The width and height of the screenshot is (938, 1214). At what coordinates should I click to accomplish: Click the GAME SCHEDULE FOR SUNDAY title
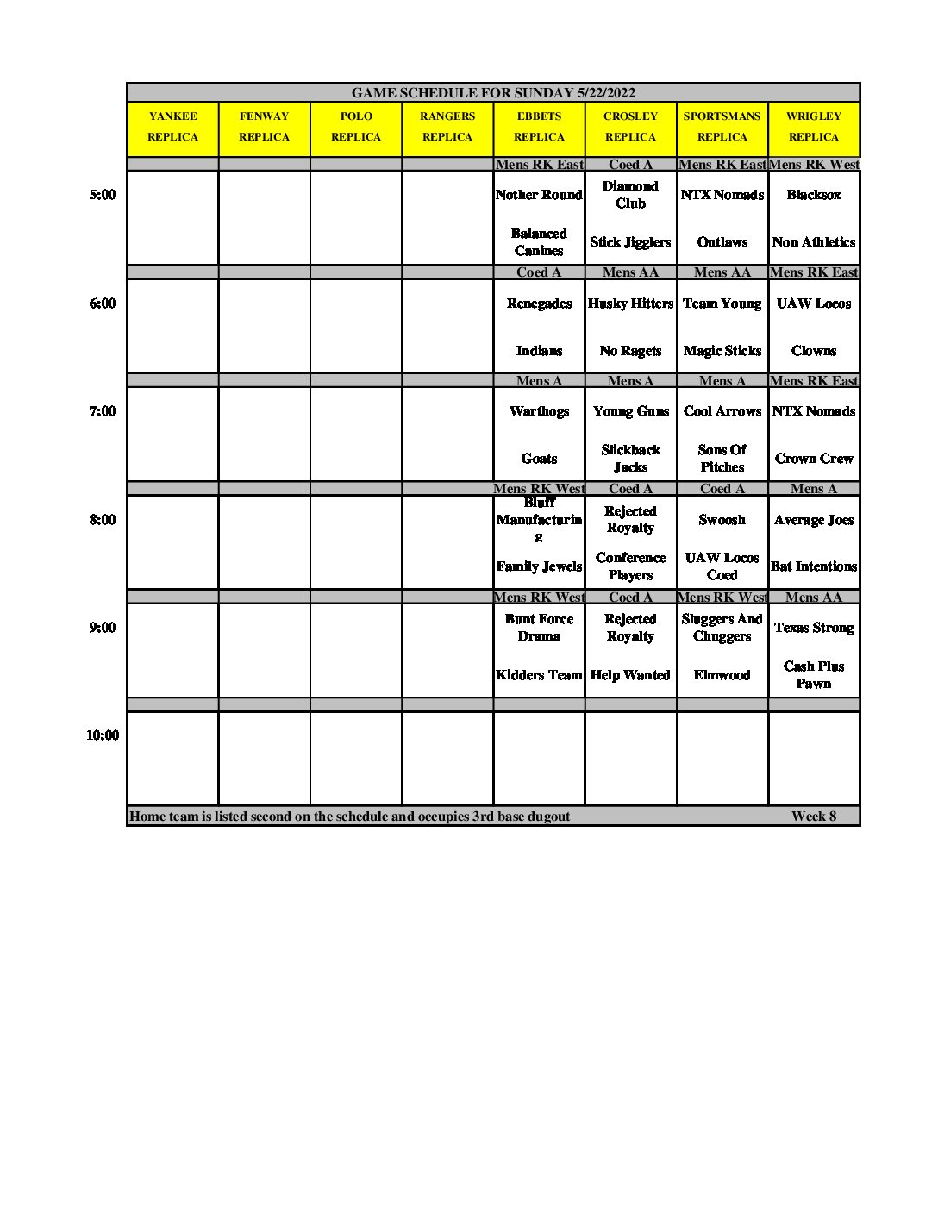coord(493,93)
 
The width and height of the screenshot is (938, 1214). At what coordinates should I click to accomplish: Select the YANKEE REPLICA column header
coord(172,127)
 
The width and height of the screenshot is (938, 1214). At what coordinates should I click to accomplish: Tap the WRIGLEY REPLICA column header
coord(813,127)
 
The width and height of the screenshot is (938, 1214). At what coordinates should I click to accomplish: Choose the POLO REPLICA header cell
coord(356,127)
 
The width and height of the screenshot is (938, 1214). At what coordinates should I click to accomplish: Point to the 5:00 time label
coord(102,195)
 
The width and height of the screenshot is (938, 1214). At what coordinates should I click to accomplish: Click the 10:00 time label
coord(102,735)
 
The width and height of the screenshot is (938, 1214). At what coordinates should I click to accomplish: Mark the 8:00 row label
coord(102,520)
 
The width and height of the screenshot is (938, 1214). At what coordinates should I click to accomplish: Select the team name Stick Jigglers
coord(630,242)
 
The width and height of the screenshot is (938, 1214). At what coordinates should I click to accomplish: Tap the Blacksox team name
coord(813,195)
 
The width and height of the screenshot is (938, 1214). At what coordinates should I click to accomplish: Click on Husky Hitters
coord(630,303)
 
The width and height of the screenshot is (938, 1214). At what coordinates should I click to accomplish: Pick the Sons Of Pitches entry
coord(722,459)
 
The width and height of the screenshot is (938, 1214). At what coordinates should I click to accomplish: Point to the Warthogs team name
coord(539,411)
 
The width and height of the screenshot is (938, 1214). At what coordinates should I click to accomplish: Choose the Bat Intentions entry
coord(813,566)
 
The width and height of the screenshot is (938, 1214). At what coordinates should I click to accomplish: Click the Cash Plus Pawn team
coord(813,675)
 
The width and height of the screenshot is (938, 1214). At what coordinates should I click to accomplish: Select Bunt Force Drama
coord(539,628)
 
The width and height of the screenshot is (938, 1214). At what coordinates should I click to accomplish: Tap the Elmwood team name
coord(722,675)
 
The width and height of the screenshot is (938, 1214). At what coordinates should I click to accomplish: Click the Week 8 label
coord(813,817)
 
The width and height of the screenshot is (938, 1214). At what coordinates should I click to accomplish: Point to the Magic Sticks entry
coord(722,351)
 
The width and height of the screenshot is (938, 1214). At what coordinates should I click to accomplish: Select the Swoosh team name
coord(722,520)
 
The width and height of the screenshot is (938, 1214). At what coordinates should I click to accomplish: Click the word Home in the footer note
coord(147,817)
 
